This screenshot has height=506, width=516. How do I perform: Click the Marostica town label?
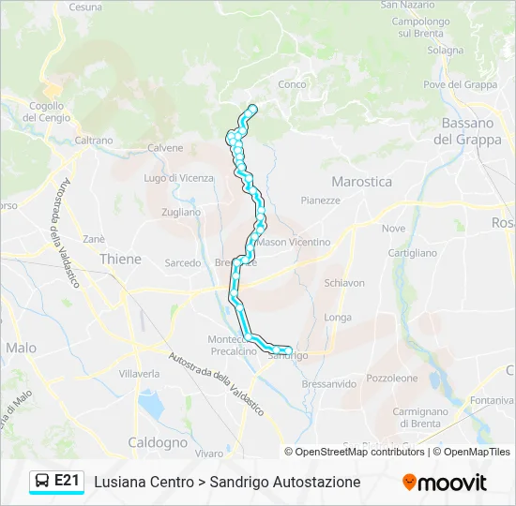[x=361, y=182]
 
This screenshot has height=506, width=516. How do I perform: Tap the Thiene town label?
[x=120, y=260]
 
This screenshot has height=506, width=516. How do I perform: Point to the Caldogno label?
[x=157, y=441]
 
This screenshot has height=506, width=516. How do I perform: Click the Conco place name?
[x=292, y=84]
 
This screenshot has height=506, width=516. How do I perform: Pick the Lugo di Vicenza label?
[x=178, y=178]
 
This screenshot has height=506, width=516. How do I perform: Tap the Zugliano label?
[x=181, y=213]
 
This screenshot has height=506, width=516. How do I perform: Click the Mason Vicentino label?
[x=295, y=242]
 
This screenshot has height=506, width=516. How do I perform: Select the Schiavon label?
[x=343, y=283]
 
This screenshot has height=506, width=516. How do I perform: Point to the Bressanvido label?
[x=329, y=384]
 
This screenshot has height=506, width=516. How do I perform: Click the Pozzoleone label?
[x=392, y=379]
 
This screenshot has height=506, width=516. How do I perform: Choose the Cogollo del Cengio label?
[x=46, y=112]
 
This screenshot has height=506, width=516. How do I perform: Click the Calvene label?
[x=165, y=148]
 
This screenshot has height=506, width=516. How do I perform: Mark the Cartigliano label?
[x=413, y=253]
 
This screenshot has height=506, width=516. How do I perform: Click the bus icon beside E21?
[x=42, y=481]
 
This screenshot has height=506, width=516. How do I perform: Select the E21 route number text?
[x=67, y=481]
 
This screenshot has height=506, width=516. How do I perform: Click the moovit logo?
[x=445, y=482]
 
